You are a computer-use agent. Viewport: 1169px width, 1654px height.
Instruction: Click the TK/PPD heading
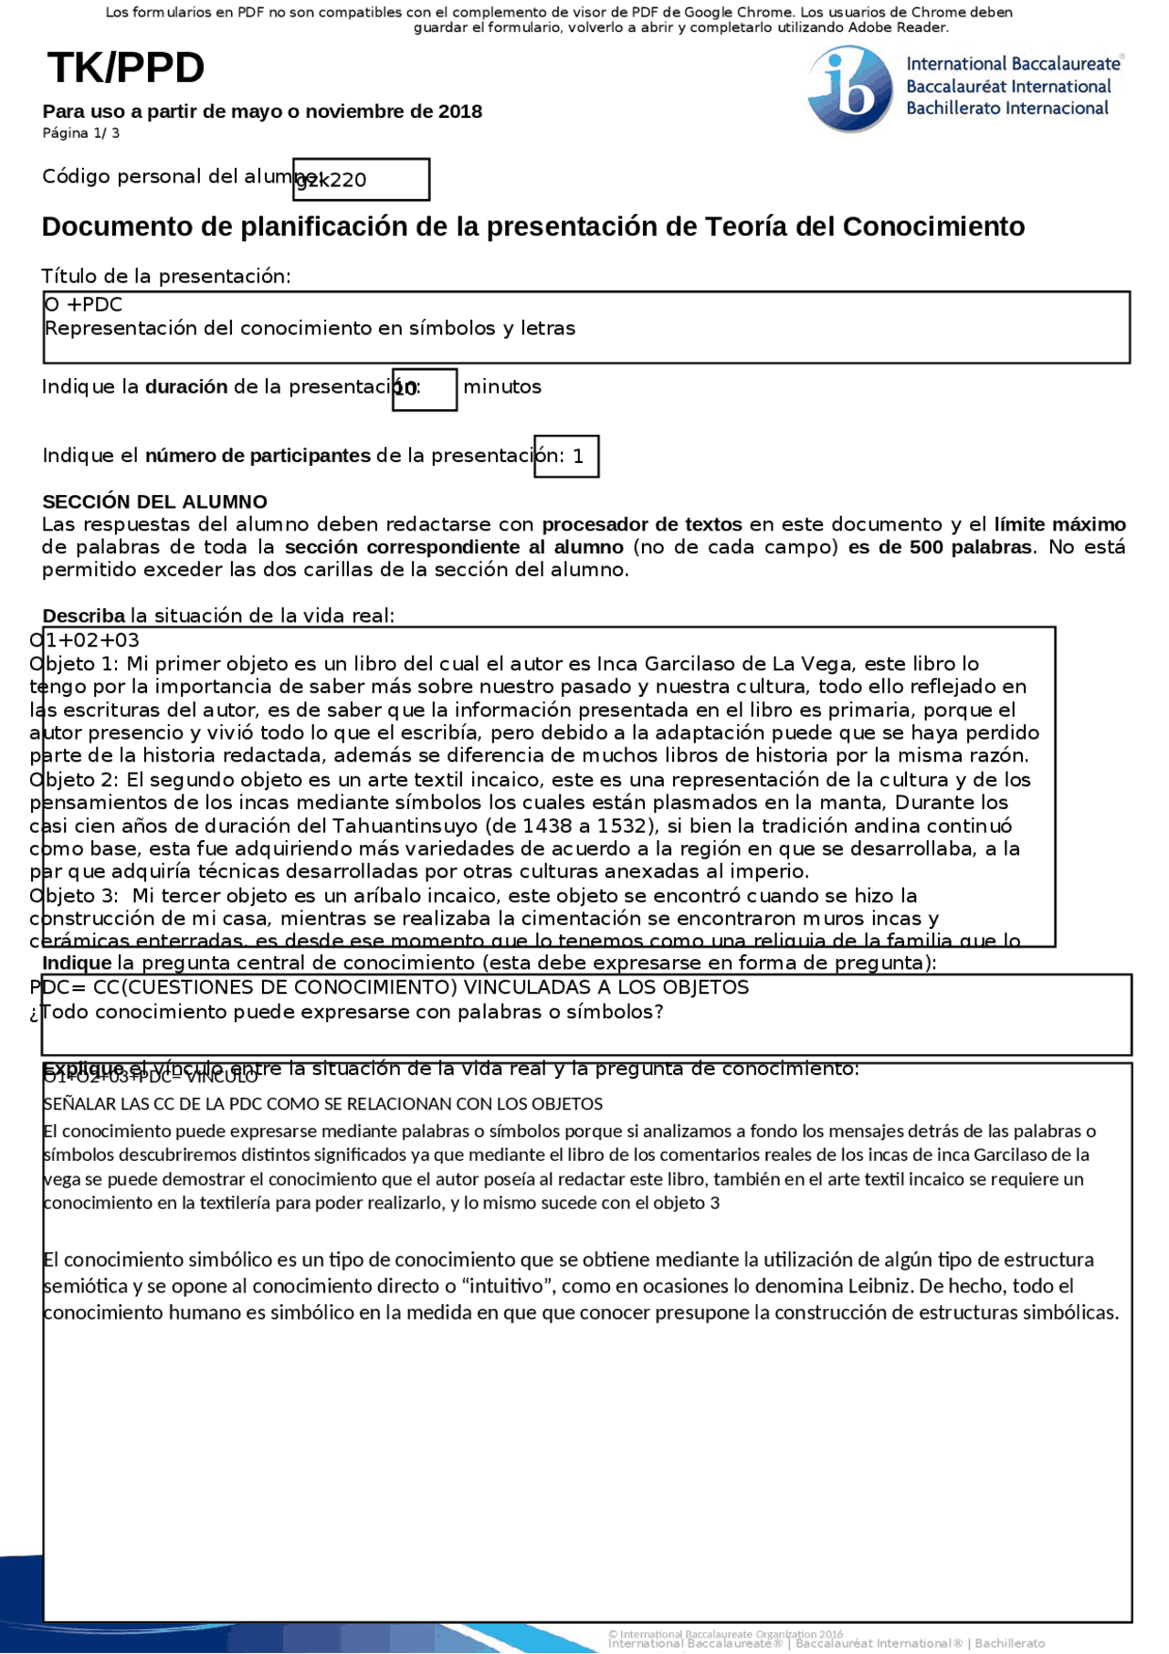126,68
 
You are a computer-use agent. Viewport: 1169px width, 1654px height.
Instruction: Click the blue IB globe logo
849,90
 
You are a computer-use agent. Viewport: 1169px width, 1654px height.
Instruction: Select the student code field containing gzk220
361,180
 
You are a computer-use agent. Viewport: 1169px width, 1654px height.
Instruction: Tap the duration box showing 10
424,390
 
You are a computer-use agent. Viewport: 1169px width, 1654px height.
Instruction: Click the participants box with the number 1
567,456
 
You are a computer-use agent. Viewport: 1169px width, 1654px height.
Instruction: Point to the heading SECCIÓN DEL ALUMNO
154,501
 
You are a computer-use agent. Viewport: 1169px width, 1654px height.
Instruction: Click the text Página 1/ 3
80,133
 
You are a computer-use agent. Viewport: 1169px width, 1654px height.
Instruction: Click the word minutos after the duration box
502,387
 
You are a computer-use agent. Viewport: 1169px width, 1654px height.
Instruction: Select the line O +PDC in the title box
83,305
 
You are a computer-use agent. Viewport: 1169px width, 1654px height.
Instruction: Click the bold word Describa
83,616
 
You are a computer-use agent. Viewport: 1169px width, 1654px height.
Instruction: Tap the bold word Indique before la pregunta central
77,963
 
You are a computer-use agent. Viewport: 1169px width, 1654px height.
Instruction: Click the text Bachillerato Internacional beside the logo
1006,109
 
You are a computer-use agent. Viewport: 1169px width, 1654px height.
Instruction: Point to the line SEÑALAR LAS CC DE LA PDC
322,1104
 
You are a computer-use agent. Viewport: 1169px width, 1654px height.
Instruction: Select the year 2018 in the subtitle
459,111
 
